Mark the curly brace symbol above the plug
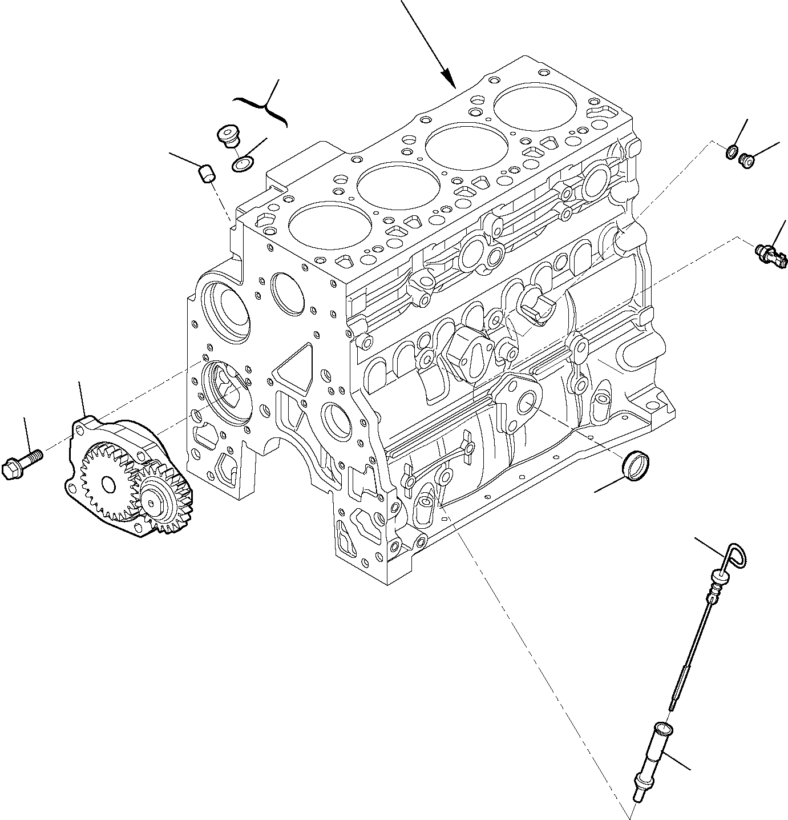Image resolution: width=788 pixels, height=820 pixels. coord(260,107)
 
